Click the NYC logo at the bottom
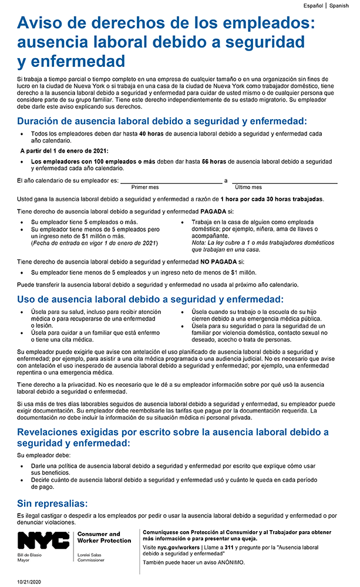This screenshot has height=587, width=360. tap(44, 540)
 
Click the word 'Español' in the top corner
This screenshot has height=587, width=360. tap(313, 5)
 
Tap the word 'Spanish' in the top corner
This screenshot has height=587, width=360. tap(339, 5)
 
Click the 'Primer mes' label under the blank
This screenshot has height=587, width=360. tap(144, 187)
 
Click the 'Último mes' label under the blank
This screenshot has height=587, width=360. tap(248, 187)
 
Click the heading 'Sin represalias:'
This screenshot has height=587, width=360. tap(52, 504)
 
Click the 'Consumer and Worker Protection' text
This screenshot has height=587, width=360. tap(104, 538)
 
